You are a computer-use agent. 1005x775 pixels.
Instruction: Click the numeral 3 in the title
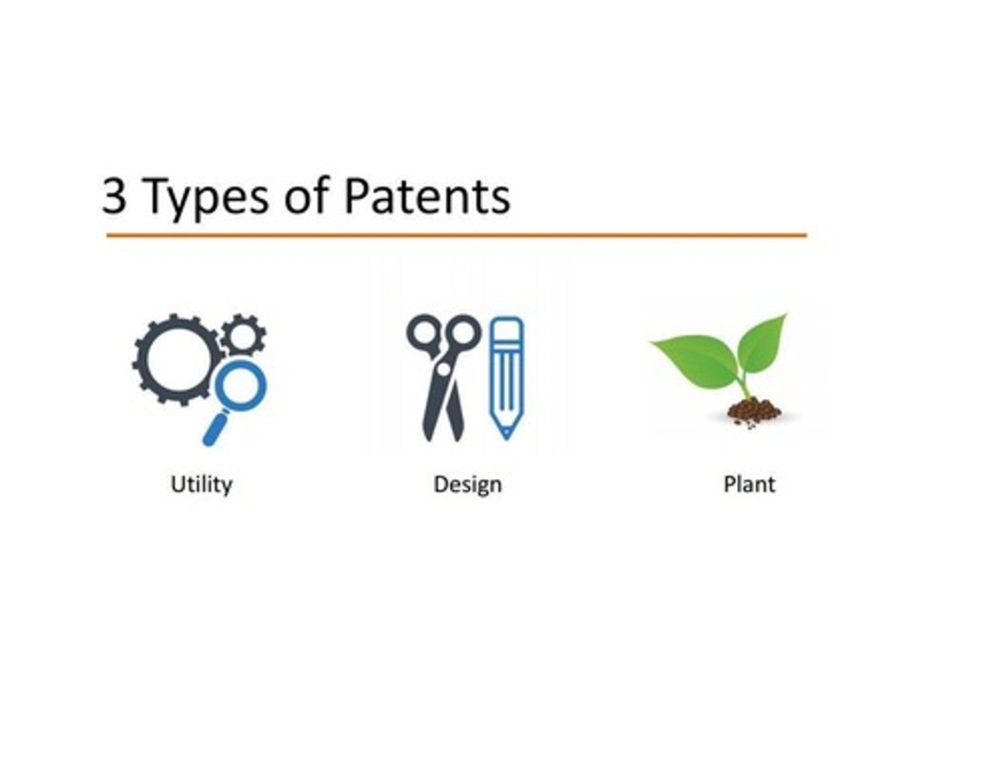click(115, 196)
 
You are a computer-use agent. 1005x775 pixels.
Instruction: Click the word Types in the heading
click(206, 197)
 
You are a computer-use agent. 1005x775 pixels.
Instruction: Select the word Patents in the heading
click(427, 196)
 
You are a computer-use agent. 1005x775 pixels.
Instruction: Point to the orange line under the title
click(456, 236)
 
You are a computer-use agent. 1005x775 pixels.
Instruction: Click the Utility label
click(202, 484)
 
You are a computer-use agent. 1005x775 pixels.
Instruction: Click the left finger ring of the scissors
click(422, 331)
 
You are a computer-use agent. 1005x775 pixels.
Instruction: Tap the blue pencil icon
click(506, 377)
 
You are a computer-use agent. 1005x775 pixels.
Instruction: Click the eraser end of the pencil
click(506, 328)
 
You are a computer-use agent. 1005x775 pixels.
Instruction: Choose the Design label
click(468, 484)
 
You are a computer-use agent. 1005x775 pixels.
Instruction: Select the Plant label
click(749, 484)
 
